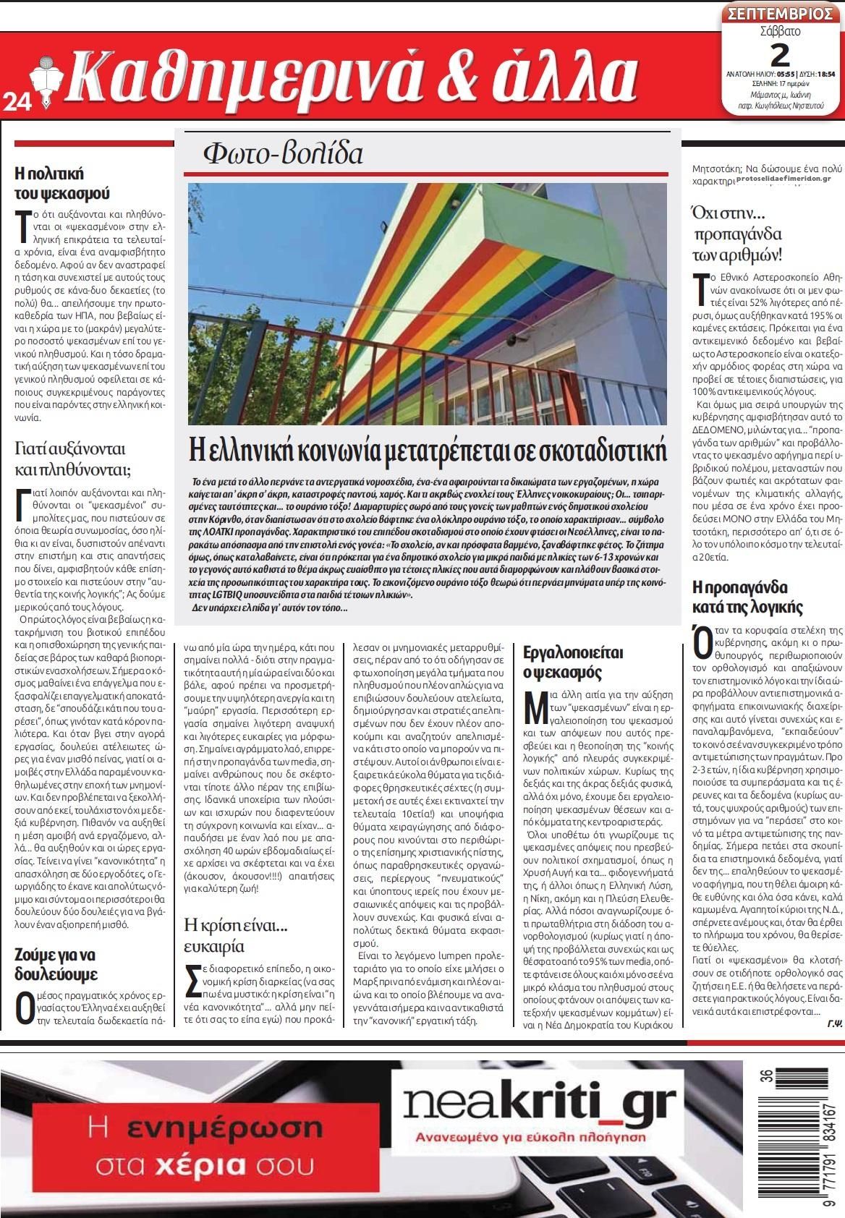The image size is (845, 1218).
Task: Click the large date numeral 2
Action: pyautogui.click(x=780, y=54)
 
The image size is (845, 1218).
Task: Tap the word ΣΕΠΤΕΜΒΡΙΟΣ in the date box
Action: pyautogui.click(x=781, y=14)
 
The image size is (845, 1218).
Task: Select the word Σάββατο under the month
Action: pyautogui.click(x=781, y=32)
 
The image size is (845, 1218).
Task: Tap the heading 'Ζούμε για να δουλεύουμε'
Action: pyautogui.click(x=56, y=963)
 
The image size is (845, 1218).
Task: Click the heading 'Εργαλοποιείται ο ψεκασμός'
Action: pyautogui.click(x=573, y=663)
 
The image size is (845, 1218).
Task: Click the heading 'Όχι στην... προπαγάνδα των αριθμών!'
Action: pyautogui.click(x=738, y=234)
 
